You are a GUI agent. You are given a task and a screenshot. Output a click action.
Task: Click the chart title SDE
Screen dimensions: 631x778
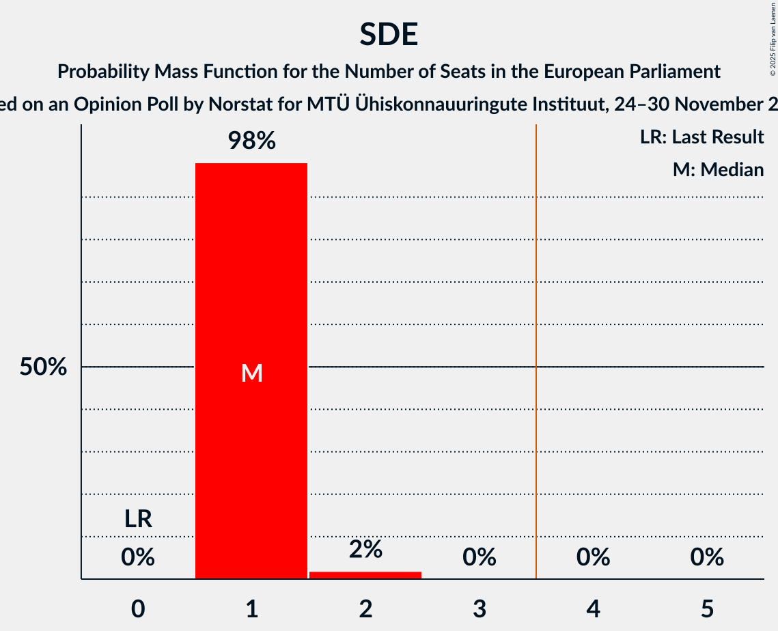tap(389, 34)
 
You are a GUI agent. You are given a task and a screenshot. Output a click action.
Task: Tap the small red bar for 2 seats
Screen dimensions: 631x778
tap(365, 575)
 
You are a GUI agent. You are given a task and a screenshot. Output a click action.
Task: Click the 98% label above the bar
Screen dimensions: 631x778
tap(251, 141)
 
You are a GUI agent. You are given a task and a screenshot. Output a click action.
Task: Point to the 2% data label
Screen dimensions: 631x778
tap(365, 549)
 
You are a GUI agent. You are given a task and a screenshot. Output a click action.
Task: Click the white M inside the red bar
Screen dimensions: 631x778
tap(251, 373)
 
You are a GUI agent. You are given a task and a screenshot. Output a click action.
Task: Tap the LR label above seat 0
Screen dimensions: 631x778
tap(138, 519)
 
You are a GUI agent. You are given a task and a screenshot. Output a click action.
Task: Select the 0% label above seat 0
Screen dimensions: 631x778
tap(138, 557)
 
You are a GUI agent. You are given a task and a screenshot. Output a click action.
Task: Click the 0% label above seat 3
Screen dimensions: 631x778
tap(480, 557)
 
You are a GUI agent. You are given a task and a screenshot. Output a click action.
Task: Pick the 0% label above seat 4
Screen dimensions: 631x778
tap(593, 557)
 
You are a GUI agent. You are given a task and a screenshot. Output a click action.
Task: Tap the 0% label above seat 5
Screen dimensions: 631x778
tap(707, 557)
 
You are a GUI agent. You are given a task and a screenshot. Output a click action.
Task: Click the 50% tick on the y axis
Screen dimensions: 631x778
tap(43, 367)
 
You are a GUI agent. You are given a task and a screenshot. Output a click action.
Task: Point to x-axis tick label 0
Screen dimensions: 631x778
tap(138, 608)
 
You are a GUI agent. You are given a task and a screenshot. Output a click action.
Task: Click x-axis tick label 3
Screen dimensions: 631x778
tap(480, 608)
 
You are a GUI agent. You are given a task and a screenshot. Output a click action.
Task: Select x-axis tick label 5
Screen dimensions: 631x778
tap(707, 608)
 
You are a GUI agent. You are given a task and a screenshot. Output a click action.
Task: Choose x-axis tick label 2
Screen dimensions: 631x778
tap(365, 608)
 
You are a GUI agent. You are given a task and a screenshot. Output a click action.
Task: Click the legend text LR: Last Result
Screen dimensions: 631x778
tap(701, 137)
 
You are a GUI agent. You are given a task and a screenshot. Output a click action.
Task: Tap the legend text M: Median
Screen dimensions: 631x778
tap(718, 169)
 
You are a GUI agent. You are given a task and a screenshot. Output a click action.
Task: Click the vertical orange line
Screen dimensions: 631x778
tap(536, 341)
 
